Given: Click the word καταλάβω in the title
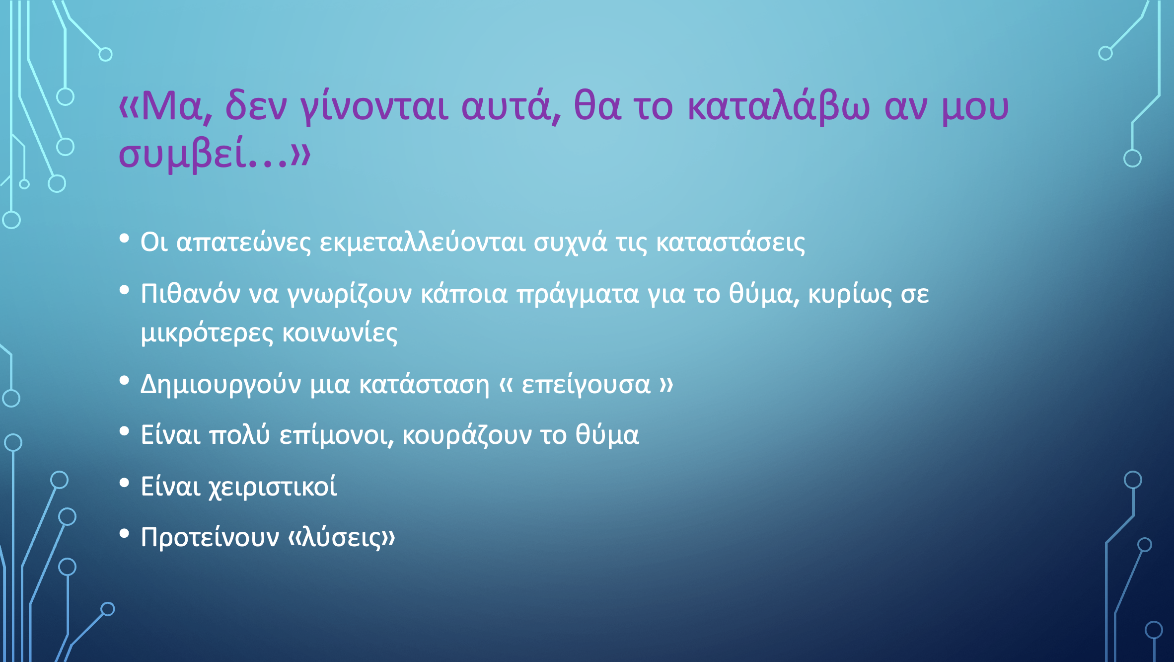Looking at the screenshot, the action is pos(779,106).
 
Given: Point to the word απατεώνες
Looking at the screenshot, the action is pos(244,242).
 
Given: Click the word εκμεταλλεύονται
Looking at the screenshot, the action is pos(423,242).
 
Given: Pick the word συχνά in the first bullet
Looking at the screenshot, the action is pos(571,243).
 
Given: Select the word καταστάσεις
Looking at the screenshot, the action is pos(731,243).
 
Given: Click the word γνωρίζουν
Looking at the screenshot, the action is pos(350,294).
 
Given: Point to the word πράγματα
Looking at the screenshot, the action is pos(578,294).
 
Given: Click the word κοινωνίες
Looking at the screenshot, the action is pos(340,333).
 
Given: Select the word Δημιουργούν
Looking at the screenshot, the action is pos(221,384).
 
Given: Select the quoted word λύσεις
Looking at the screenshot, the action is pos(341,537).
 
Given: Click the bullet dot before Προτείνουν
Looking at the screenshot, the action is pos(124,534).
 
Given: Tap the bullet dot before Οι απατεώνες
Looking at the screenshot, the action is pos(124,239).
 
